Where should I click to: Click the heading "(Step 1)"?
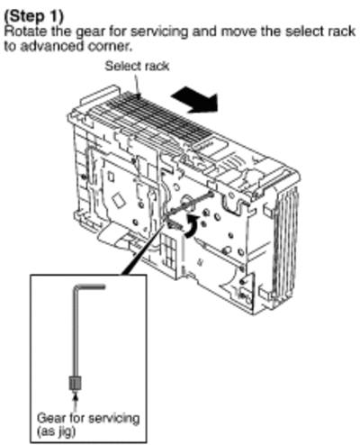point(34,16)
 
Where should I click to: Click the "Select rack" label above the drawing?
point(137,66)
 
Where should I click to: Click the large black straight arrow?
point(194,99)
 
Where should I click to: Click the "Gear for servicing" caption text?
point(88,418)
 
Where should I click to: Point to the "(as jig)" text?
point(56,432)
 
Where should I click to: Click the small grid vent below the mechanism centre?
point(168,251)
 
